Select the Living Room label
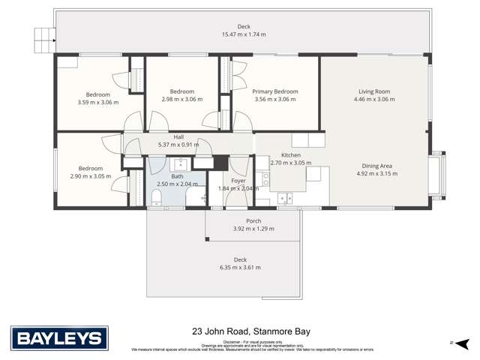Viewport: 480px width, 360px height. pyautogui.click(x=373, y=91)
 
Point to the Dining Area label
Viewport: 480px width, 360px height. pyautogui.click(x=376, y=166)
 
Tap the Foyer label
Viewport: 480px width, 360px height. pyautogui.click(x=238, y=181)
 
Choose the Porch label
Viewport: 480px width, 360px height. pyautogui.click(x=253, y=220)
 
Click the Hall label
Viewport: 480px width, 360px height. pyautogui.click(x=178, y=137)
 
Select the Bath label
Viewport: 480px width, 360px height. pyautogui.click(x=177, y=176)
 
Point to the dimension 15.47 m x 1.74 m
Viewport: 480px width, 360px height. pyautogui.click(x=244, y=34)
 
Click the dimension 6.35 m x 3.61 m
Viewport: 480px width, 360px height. pyautogui.click(x=240, y=267)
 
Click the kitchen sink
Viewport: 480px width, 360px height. pyautogui.click(x=285, y=198)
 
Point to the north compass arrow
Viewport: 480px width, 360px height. pyautogui.click(x=453, y=343)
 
